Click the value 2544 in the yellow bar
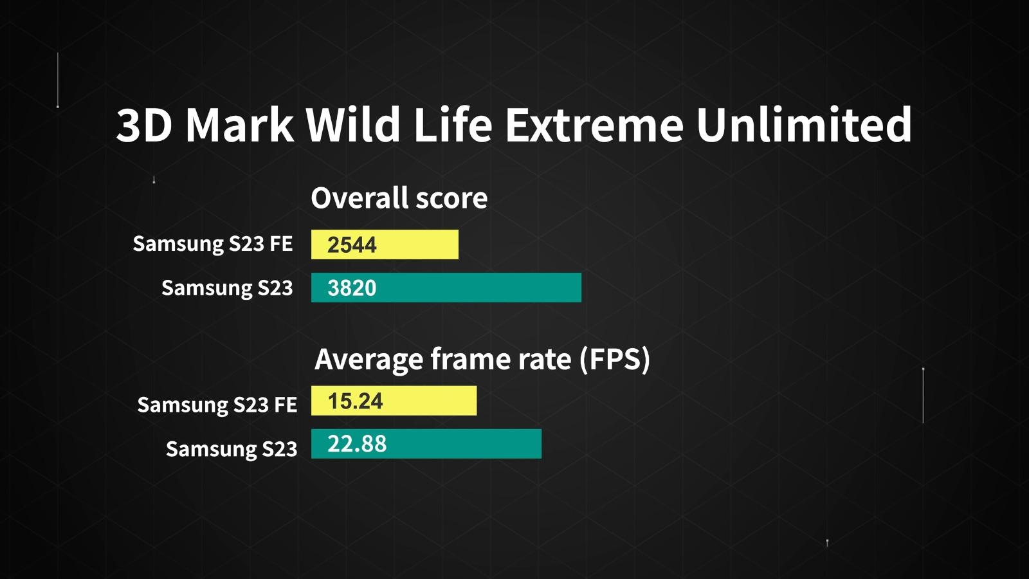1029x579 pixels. pos(352,245)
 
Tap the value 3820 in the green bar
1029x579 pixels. pos(352,288)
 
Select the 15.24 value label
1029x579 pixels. pos(355,401)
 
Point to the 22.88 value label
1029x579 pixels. pos(357,444)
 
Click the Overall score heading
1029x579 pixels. pos(399,198)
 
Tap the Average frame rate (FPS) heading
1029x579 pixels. pos(482,360)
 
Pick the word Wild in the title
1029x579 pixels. pos(353,124)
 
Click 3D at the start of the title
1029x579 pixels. pos(144,125)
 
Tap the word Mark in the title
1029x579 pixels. pos(239,125)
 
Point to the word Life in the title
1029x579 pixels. pos(453,124)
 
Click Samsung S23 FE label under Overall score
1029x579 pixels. pos(213,244)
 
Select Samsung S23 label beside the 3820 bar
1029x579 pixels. pos(227,288)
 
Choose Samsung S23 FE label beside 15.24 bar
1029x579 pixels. pos(217,405)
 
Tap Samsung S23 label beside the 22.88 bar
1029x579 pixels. pos(232,449)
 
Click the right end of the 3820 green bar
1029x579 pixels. pos(581,288)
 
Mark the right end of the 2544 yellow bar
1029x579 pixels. pos(457,244)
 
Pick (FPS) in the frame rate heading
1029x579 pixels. pos(615,360)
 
